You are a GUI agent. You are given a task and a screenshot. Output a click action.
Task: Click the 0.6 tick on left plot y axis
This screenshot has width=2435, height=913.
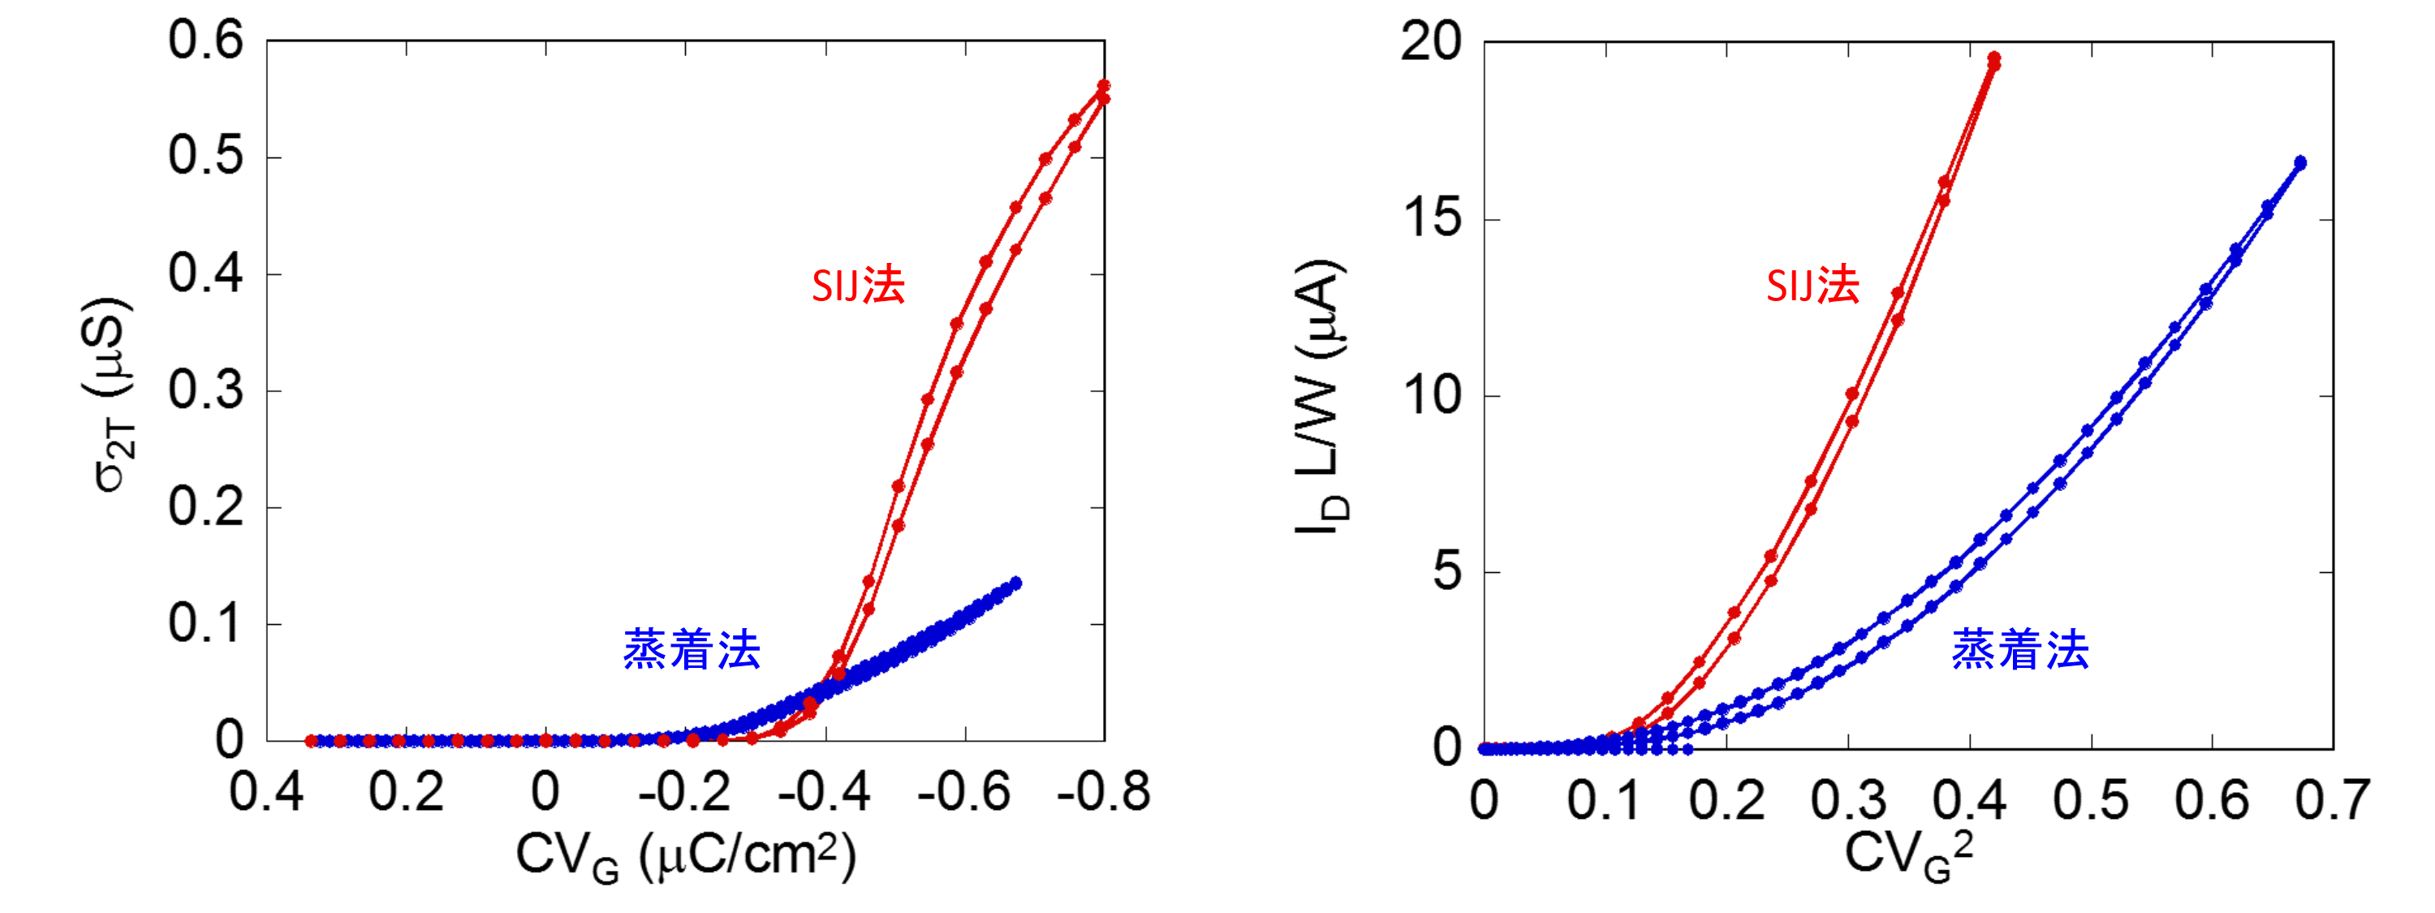205,42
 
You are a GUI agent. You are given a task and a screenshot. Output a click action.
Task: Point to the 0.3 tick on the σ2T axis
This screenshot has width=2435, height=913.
205,391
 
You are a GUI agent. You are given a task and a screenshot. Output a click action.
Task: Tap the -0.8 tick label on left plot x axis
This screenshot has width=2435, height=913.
1103,792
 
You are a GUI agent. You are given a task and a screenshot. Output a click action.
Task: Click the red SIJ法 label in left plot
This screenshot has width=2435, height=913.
858,286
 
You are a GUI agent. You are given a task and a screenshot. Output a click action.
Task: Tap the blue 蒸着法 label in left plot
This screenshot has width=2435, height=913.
692,650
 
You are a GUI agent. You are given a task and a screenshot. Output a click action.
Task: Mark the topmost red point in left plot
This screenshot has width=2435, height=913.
1103,86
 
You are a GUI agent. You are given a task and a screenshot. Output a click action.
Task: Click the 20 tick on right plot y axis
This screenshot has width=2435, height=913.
1430,42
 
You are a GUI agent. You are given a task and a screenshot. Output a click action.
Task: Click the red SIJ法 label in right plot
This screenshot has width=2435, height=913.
1812,286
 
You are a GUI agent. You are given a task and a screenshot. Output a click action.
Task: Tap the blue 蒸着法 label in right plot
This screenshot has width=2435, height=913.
2020,650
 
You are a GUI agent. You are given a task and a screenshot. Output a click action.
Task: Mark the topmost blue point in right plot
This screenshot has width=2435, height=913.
2299,162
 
